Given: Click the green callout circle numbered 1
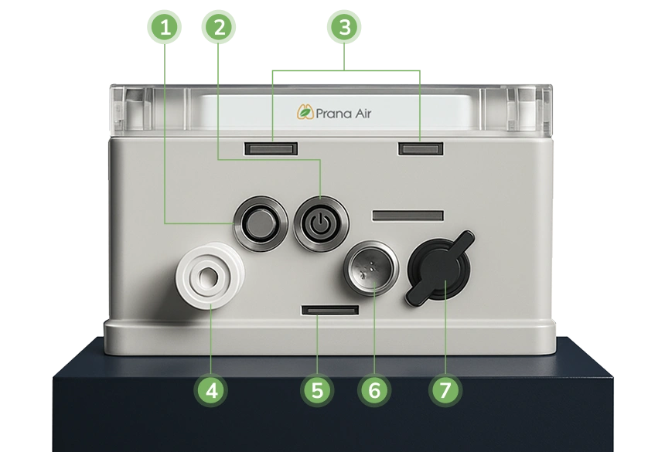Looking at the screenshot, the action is pyautogui.click(x=165, y=28).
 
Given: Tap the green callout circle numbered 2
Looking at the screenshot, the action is pyautogui.click(x=218, y=28).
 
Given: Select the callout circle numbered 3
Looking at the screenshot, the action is pyautogui.click(x=344, y=28).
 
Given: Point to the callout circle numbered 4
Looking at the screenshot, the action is pyautogui.click(x=211, y=390).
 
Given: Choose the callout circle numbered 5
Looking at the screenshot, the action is pyautogui.click(x=317, y=390).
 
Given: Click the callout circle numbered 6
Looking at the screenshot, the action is pyautogui.click(x=374, y=390).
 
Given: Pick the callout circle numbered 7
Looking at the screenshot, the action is pyautogui.click(x=445, y=390).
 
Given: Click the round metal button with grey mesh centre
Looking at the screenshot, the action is pyautogui.click(x=261, y=223).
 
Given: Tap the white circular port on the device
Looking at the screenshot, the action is pyautogui.click(x=210, y=275).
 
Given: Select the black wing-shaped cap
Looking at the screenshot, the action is pyautogui.click(x=440, y=269).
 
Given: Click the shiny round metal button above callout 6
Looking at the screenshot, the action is pyautogui.click(x=371, y=268).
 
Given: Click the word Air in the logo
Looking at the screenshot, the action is pyautogui.click(x=363, y=114).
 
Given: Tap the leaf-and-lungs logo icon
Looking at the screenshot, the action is pyautogui.click(x=305, y=112).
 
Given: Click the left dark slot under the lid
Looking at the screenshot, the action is pyautogui.click(x=271, y=148).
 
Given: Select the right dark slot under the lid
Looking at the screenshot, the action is pyautogui.click(x=421, y=148).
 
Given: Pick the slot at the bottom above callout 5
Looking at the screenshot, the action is pyautogui.click(x=330, y=310).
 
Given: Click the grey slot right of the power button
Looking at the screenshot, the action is pyautogui.click(x=408, y=216).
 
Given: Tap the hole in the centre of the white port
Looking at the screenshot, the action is pyautogui.click(x=208, y=277).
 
